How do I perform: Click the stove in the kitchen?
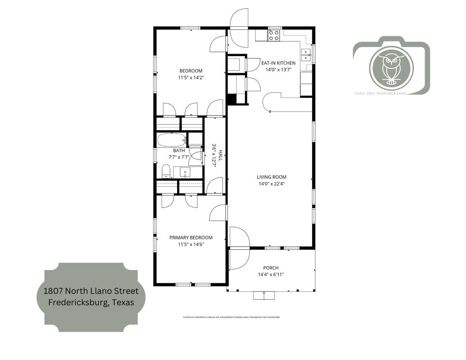pyautogui.click(x=274, y=35)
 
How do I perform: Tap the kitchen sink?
pyautogui.click(x=307, y=54)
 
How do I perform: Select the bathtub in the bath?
pyautogui.click(x=171, y=140)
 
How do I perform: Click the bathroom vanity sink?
pyautogui.click(x=185, y=172)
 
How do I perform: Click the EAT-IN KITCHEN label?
pyautogui.click(x=278, y=63)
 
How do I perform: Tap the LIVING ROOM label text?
pyautogui.click(x=272, y=177)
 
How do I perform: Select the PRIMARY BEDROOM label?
pyautogui.click(x=191, y=238)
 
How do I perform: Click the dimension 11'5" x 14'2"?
pyautogui.click(x=191, y=77)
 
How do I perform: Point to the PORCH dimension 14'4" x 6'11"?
pyautogui.click(x=271, y=274)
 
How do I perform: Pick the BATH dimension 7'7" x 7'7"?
pyautogui.click(x=179, y=157)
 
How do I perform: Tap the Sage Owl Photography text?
pyautogui.click(x=380, y=93)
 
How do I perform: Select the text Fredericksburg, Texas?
pyautogui.click(x=91, y=302)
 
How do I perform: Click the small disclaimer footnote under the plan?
pyautogui.click(x=231, y=317)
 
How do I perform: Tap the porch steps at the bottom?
pyautogui.click(x=264, y=296)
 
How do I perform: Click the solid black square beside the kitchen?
pyautogui.click(x=232, y=99)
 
